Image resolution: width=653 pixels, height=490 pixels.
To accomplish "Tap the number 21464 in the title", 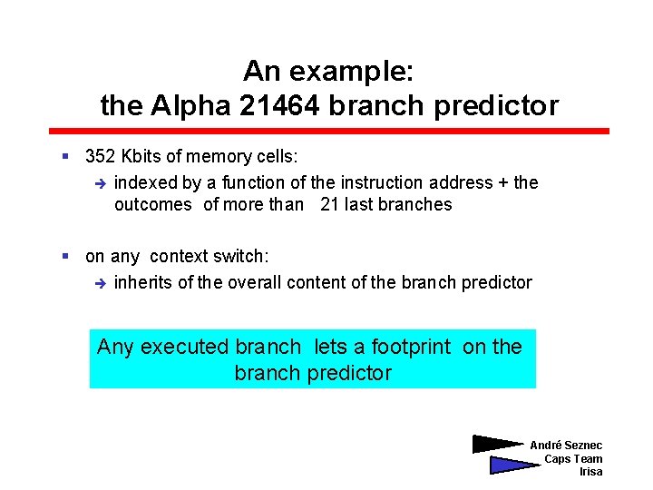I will (x=280, y=106).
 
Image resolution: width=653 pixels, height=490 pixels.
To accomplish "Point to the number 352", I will (x=100, y=156).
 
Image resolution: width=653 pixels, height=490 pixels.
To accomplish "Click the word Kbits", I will (x=141, y=156).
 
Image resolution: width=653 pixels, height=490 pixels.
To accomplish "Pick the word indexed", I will (x=145, y=182).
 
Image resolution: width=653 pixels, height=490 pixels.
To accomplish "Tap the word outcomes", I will (x=152, y=204).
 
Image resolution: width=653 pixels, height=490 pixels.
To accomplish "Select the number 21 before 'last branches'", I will (x=329, y=204).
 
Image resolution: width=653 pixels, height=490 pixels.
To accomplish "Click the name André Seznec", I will (x=566, y=445).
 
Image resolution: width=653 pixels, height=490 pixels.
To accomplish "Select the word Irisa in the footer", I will (x=590, y=472).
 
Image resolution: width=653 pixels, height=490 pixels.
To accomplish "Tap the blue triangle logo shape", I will (x=510, y=465).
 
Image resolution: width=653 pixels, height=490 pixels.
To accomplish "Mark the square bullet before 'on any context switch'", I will (x=65, y=257).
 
